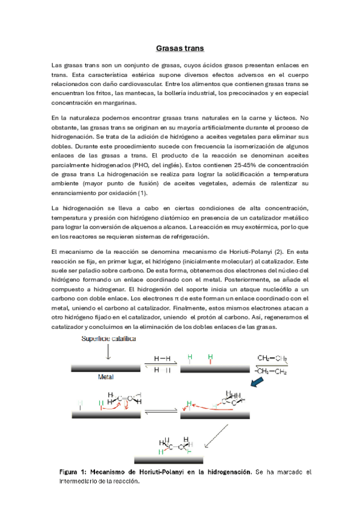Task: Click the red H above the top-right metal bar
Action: [x=210, y=359]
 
